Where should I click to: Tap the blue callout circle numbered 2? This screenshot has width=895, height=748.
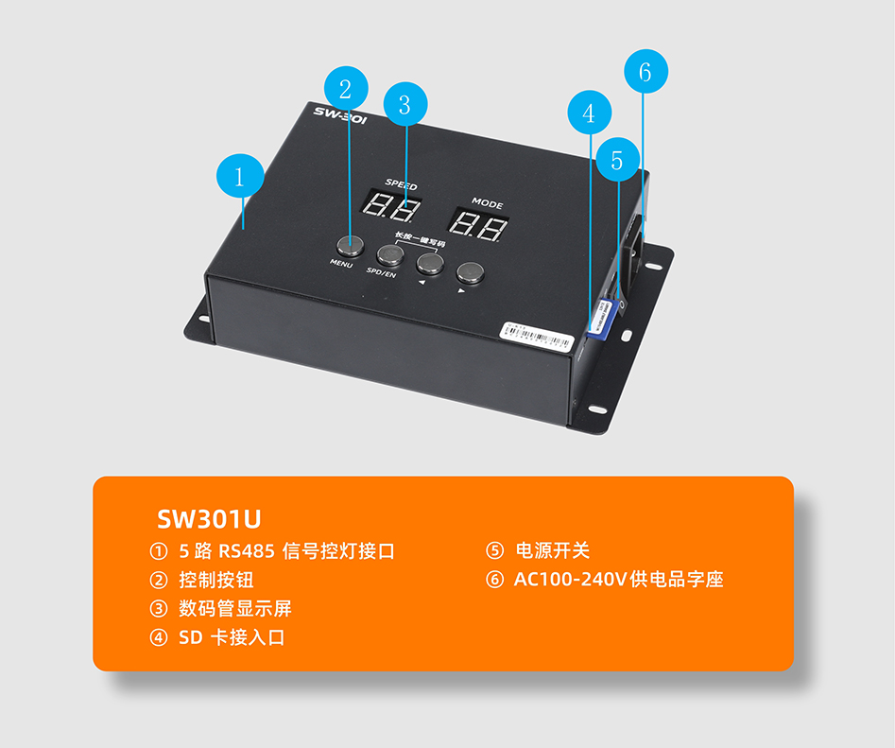[x=346, y=89]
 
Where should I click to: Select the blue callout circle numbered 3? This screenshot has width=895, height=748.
[x=405, y=105]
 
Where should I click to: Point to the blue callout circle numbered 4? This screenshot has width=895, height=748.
[x=590, y=113]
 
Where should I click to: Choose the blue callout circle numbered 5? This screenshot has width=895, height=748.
[x=618, y=161]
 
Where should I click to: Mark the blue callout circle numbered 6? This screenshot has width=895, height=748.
[x=645, y=72]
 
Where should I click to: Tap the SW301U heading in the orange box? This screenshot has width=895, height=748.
[x=208, y=519]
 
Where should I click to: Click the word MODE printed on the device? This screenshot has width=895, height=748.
[x=487, y=203]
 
